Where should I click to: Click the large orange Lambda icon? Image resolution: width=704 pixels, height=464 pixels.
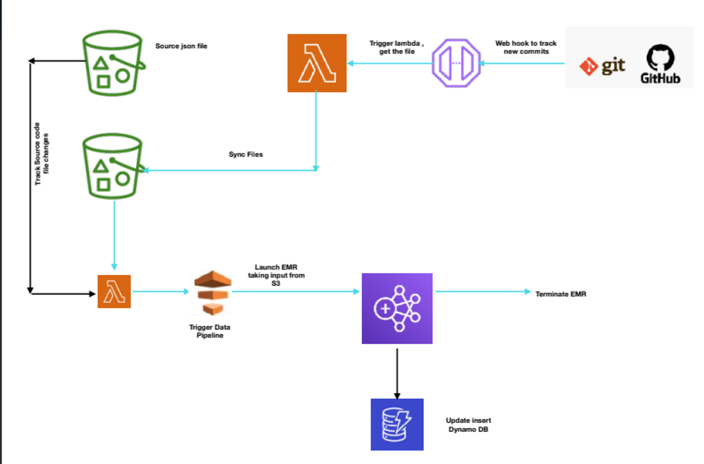tap(317, 63)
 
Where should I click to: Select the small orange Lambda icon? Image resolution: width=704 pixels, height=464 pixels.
tap(114, 292)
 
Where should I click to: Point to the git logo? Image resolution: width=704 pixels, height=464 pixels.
tap(602, 66)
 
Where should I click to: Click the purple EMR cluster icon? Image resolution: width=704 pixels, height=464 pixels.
tap(397, 309)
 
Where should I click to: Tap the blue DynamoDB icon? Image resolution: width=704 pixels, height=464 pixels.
tap(397, 424)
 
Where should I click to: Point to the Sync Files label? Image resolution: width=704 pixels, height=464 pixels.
tap(246, 154)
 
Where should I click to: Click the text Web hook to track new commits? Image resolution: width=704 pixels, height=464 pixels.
tap(526, 48)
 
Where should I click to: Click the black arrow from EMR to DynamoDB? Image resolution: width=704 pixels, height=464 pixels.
tap(397, 373)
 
